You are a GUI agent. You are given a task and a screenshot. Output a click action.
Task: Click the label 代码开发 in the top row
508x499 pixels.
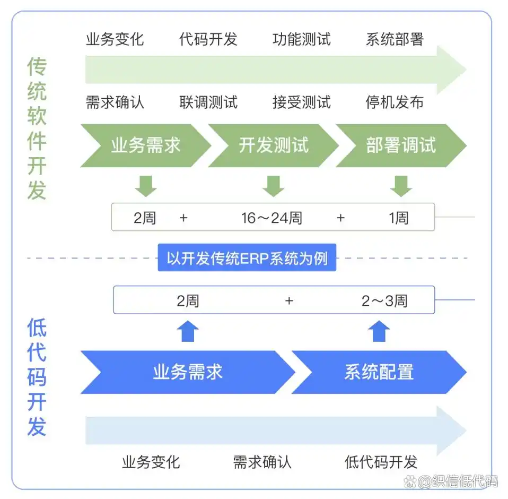click(x=208, y=39)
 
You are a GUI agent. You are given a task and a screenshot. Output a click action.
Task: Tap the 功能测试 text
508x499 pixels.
click(x=301, y=39)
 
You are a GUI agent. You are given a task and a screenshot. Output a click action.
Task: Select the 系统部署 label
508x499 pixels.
click(x=395, y=39)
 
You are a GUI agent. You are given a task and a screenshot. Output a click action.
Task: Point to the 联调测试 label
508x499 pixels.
click(x=208, y=102)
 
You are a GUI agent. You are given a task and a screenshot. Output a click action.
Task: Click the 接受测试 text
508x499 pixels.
click(x=301, y=102)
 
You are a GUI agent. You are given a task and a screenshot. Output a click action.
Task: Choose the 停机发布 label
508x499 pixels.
click(x=395, y=102)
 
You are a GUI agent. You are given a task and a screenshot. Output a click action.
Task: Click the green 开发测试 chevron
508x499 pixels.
click(x=273, y=145)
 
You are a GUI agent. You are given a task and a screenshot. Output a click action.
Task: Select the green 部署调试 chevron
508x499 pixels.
click(x=400, y=145)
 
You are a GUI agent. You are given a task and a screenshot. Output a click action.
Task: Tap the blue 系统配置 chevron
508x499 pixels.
click(x=379, y=372)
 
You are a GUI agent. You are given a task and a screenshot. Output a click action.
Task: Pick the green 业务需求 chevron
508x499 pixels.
click(x=145, y=145)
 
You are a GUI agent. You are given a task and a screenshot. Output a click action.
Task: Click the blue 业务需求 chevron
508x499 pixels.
click(x=187, y=372)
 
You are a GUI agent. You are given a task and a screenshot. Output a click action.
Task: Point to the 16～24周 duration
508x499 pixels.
click(x=271, y=218)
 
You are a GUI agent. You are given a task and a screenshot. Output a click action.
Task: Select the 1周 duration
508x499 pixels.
click(x=399, y=218)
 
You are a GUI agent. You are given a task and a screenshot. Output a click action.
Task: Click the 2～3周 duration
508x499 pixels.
click(x=384, y=301)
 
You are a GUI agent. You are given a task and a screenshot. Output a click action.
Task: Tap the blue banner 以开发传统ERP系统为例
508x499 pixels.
click(x=247, y=259)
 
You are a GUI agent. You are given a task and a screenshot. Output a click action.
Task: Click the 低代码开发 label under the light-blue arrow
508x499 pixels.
click(x=381, y=462)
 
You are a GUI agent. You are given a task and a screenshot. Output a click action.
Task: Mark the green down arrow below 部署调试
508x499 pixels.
click(x=401, y=185)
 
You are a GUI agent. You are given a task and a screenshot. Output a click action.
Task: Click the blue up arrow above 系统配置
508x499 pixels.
click(x=379, y=331)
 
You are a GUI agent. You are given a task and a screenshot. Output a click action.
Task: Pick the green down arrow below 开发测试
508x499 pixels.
click(x=273, y=185)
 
